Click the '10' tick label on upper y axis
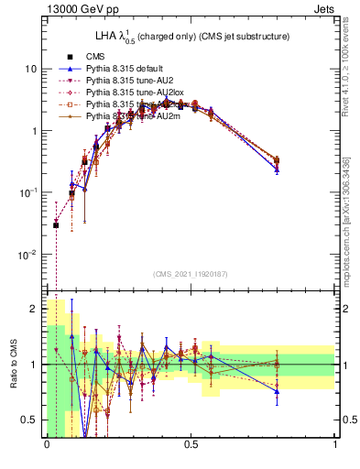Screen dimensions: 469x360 (30, 69)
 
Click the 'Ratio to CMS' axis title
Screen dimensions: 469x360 (12, 366)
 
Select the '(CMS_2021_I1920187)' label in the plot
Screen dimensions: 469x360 (191, 274)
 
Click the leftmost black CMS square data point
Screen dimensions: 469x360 (56, 224)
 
